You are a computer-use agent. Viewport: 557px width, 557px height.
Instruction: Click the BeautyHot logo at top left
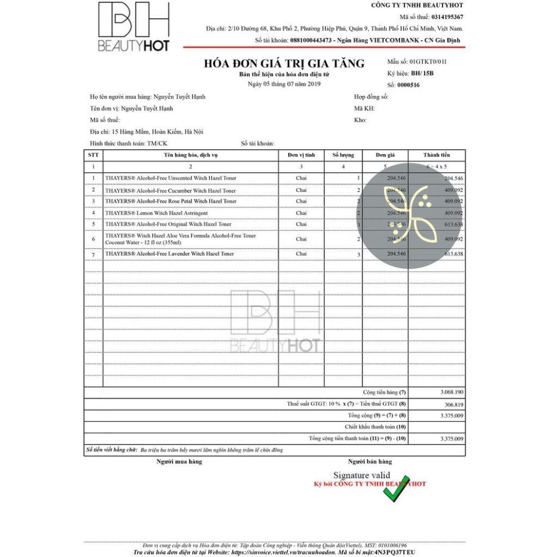(x=134, y=27)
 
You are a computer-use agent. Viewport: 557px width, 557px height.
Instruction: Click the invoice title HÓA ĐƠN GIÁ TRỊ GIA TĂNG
(x=284, y=63)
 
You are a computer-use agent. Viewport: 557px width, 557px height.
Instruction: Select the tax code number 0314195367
(x=447, y=17)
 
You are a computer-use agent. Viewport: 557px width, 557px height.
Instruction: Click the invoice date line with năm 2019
(x=284, y=84)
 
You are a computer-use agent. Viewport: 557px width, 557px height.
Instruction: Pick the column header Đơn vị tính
(x=301, y=155)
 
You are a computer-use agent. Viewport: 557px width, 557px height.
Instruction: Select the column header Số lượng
(x=343, y=155)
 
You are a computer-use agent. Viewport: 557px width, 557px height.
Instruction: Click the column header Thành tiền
(x=436, y=155)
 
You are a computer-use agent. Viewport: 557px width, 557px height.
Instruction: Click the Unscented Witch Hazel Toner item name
(x=171, y=178)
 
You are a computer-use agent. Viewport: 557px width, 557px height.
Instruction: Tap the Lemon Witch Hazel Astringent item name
(x=156, y=213)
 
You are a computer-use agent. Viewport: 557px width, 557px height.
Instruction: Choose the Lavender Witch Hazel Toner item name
(x=169, y=254)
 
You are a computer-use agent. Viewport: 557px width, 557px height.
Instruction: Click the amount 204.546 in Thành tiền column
(x=453, y=178)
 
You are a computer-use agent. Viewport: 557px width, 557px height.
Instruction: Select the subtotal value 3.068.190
(x=452, y=392)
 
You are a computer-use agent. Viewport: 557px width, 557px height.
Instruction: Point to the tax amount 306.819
(x=453, y=404)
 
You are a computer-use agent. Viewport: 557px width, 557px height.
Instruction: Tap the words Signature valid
(x=361, y=475)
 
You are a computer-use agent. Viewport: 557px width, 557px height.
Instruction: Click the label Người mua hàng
(x=179, y=462)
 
